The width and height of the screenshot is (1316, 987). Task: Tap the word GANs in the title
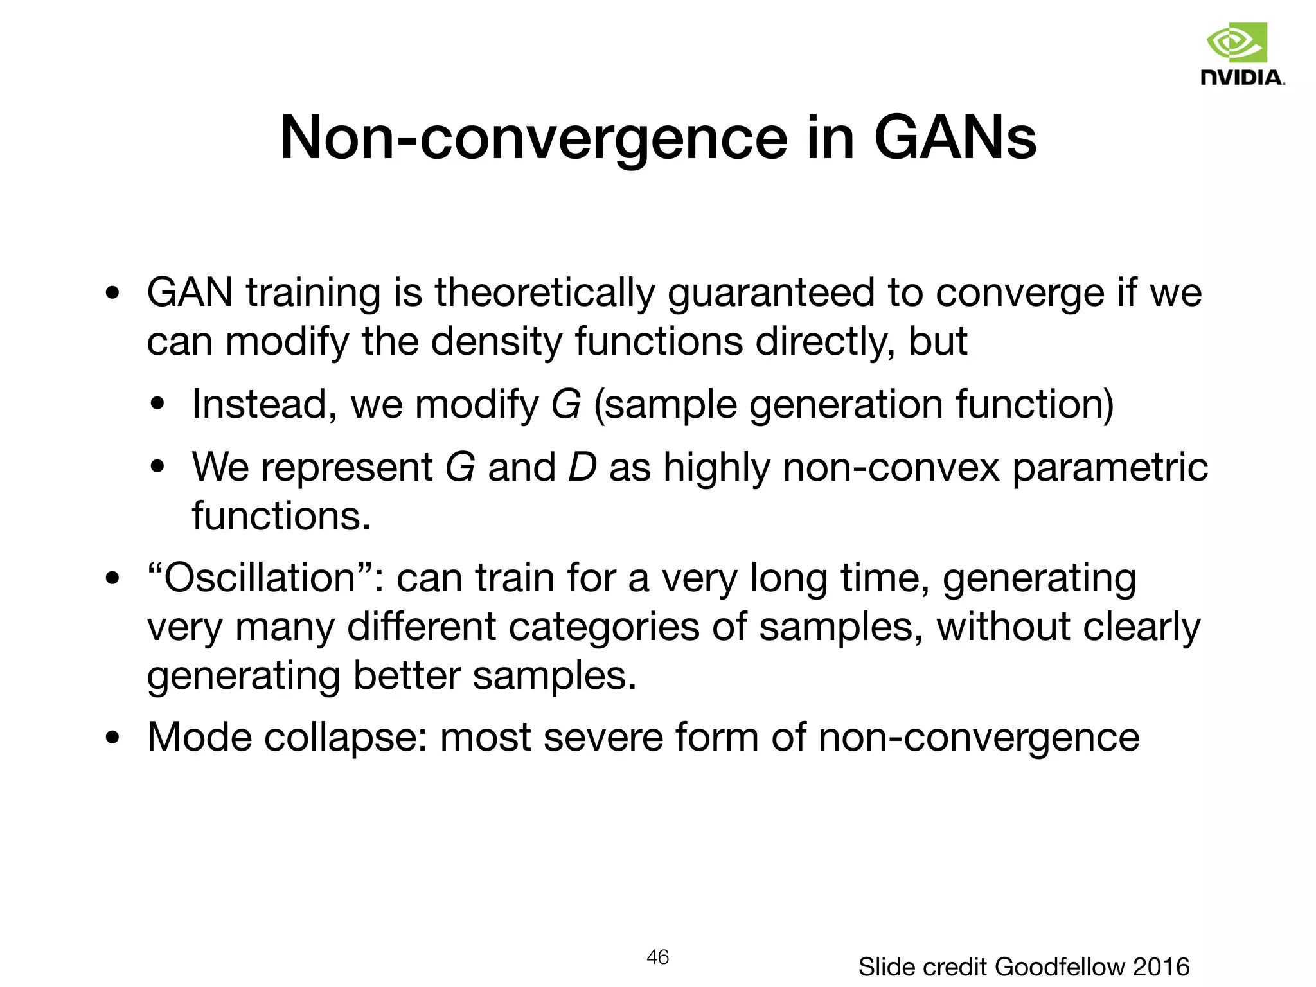(955, 138)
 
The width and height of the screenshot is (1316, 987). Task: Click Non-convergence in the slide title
(533, 138)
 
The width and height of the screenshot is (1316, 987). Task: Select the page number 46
(657, 957)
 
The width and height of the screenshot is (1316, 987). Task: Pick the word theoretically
(545, 292)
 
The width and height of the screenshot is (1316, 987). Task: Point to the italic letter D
(582, 467)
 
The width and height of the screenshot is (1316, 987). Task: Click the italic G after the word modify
(566, 405)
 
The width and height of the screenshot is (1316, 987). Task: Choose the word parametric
(1110, 468)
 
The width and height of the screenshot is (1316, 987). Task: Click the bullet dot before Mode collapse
(112, 738)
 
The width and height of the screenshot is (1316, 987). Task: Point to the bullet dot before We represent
(157, 468)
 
